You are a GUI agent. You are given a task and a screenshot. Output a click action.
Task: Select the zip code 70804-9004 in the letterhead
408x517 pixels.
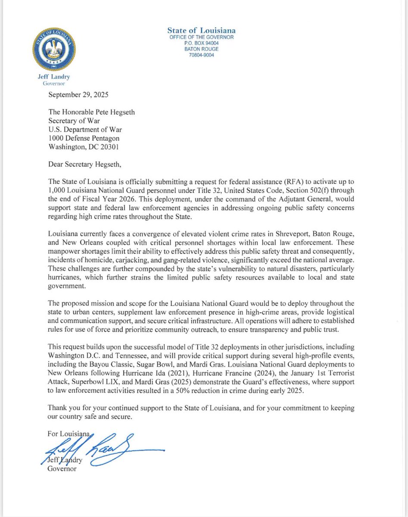(202, 55)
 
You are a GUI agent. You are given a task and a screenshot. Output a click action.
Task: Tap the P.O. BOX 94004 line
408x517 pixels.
(202, 43)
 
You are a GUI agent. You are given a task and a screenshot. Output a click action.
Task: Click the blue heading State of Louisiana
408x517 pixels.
(202, 30)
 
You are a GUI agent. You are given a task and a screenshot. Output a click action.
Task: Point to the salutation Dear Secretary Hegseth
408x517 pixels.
(85, 164)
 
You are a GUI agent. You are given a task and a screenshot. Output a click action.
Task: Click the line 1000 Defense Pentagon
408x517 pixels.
(84, 138)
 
